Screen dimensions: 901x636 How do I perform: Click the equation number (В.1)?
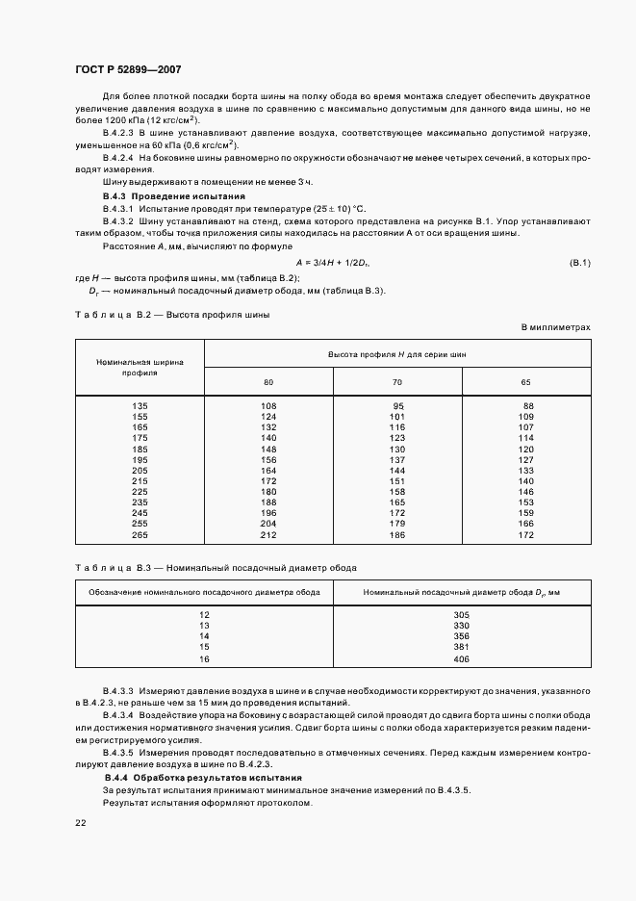[580, 263]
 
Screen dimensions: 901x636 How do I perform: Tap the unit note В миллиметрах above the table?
[556, 327]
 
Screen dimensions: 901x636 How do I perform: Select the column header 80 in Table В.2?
[268, 382]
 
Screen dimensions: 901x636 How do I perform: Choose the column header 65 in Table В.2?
[525, 382]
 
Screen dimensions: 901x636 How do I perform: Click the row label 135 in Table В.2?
[140, 405]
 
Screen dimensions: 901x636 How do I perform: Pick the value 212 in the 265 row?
[268, 535]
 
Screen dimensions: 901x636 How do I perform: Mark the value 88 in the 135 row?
[525, 405]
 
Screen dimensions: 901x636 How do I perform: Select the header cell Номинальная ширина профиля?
[140, 367]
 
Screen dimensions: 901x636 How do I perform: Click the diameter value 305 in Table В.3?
[460, 614]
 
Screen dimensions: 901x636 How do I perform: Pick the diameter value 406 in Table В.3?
[460, 658]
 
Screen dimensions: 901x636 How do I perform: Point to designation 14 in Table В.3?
[204, 636]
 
